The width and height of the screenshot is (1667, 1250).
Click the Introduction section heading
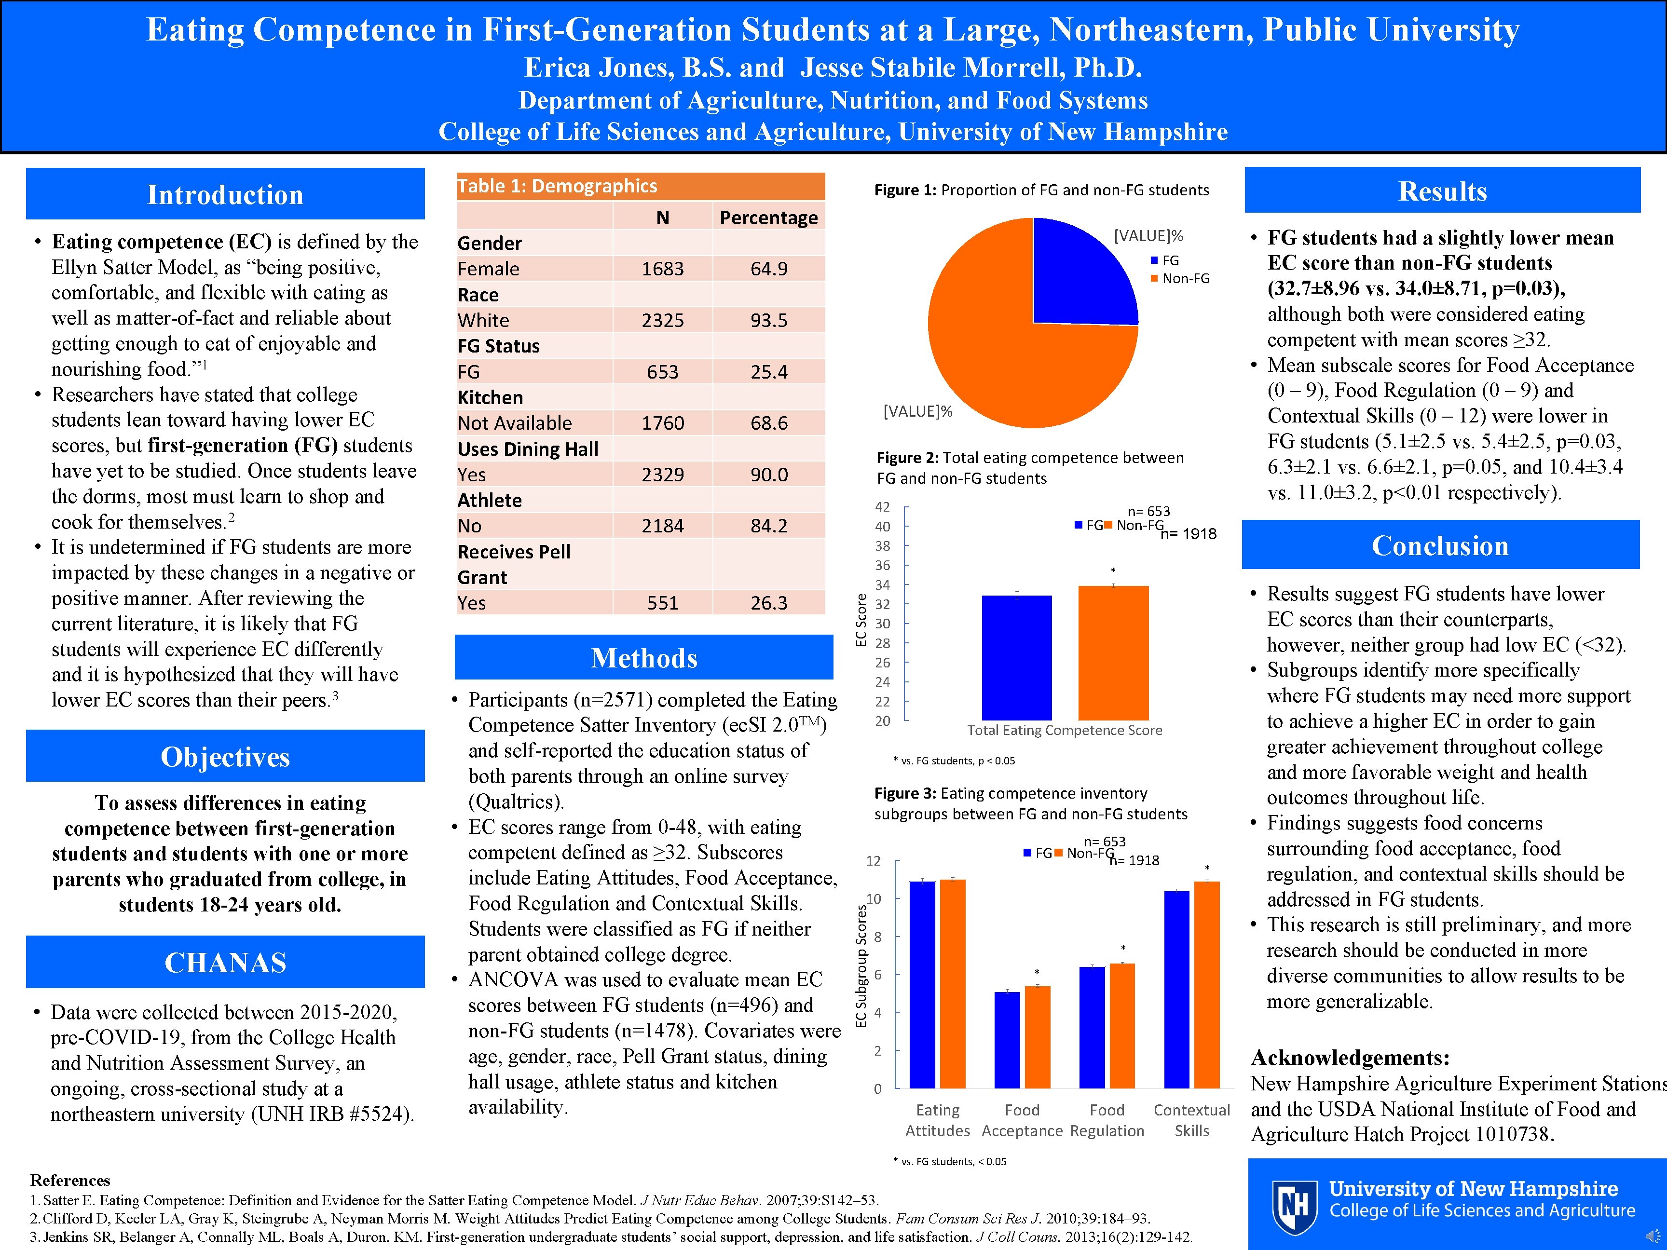pos(225,194)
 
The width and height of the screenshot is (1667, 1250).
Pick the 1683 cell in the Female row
pos(662,269)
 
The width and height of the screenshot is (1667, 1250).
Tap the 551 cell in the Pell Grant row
pos(662,603)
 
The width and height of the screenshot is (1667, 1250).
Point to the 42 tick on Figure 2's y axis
pos(882,507)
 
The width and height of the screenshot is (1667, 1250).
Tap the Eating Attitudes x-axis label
pos(938,1120)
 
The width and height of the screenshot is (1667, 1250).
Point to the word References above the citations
pos(70,1180)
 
